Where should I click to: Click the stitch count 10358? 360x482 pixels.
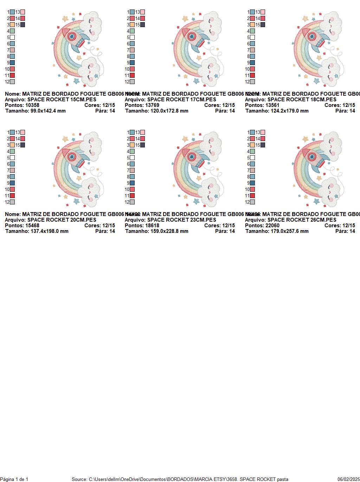(x=32, y=105)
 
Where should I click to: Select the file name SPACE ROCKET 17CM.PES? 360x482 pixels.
(x=181, y=100)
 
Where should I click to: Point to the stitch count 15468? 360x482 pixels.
(x=32, y=226)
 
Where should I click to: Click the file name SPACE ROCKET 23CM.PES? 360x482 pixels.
(x=181, y=220)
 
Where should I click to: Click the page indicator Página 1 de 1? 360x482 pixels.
(x=14, y=479)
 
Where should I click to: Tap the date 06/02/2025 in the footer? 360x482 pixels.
(x=348, y=479)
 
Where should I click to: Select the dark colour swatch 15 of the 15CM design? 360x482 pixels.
(x=23, y=25)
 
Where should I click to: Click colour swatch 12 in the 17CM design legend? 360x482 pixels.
(x=132, y=82)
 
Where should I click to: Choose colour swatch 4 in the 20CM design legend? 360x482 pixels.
(x=12, y=151)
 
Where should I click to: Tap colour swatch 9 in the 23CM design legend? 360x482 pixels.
(x=132, y=183)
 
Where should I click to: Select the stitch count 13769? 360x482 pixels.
(x=152, y=105)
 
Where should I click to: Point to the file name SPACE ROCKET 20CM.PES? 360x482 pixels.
(x=62, y=220)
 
